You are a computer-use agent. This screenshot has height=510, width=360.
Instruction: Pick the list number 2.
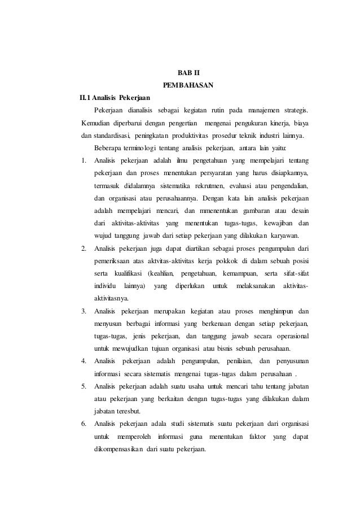83,247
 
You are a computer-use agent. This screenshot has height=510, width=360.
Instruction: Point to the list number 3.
83,310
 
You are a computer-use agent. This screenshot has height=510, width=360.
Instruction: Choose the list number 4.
83,360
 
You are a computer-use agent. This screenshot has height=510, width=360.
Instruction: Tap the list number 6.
83,422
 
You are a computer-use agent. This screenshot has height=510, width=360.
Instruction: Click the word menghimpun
276,310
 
